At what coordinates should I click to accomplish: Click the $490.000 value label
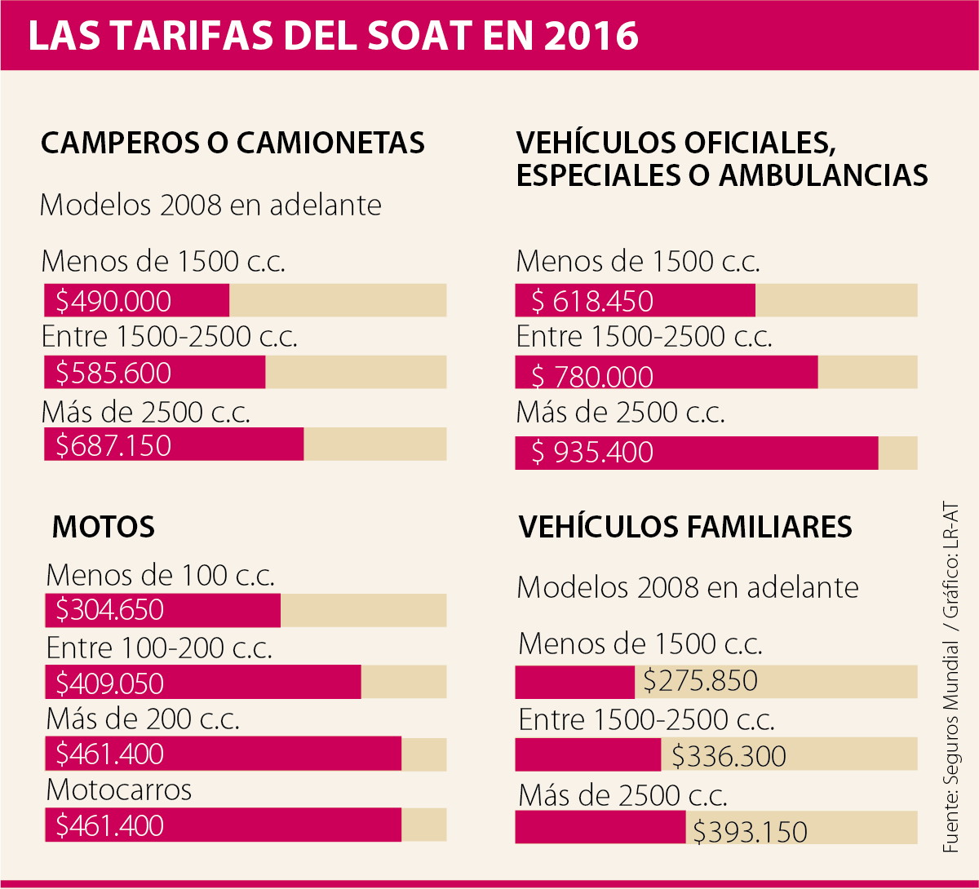113,301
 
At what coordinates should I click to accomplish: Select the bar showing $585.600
155,373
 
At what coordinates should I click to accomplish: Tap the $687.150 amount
113,445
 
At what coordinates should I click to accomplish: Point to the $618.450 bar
635,301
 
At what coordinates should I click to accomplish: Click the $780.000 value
592,376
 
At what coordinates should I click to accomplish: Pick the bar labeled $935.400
696,453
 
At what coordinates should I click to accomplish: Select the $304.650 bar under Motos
162,610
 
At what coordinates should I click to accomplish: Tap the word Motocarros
119,789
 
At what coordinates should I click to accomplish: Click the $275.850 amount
700,680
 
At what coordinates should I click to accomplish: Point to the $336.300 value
729,756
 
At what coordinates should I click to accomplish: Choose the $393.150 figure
750,831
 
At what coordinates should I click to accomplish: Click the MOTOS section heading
104,527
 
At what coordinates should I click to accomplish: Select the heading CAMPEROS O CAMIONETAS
233,143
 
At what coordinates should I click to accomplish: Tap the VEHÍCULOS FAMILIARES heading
685,527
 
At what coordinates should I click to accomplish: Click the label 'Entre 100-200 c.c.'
159,648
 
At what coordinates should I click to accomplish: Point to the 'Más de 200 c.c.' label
143,719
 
